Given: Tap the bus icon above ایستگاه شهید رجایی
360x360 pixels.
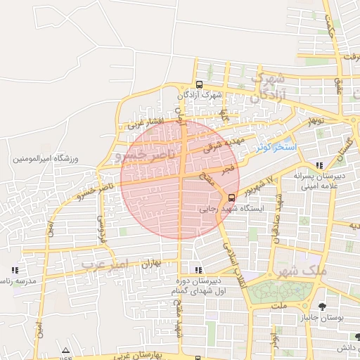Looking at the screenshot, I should point(233,198).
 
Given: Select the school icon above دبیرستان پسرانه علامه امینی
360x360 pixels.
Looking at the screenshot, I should point(320,166).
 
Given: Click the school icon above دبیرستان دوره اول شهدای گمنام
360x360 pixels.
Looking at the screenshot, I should point(199,269).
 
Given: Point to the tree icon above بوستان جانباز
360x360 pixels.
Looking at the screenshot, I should point(322,306).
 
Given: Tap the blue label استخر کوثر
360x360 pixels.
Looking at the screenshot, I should point(277,148).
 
